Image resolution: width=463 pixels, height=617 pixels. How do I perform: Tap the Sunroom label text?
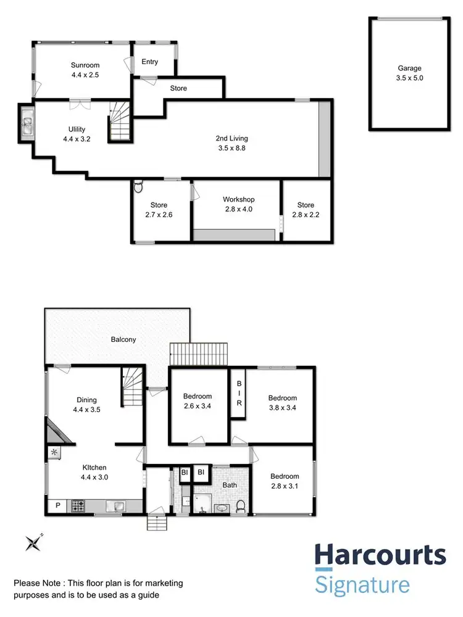[x=85, y=65]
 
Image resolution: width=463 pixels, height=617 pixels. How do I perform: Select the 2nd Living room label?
[x=231, y=138]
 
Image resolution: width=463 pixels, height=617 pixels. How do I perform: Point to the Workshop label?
[x=238, y=199]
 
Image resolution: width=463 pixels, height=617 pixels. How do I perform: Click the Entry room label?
[x=150, y=62]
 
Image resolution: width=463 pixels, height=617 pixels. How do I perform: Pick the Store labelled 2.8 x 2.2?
[x=306, y=205]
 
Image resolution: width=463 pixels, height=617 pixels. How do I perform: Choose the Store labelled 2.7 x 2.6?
[x=159, y=205]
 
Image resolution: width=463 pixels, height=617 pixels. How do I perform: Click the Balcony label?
[x=123, y=339]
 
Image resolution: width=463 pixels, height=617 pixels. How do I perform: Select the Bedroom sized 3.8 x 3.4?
[x=282, y=398]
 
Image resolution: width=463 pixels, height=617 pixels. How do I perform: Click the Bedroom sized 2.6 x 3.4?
[x=198, y=396]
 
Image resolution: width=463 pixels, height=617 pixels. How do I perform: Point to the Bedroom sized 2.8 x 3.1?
[x=285, y=476]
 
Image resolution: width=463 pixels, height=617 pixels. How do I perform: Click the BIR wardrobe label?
[x=240, y=393]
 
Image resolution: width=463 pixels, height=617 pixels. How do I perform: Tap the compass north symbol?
[x=33, y=543]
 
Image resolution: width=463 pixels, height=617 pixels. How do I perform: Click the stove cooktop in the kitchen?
[x=78, y=506]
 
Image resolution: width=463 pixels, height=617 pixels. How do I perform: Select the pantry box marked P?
[x=57, y=506]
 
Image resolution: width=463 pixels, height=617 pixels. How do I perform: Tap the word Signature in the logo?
[x=362, y=584]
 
